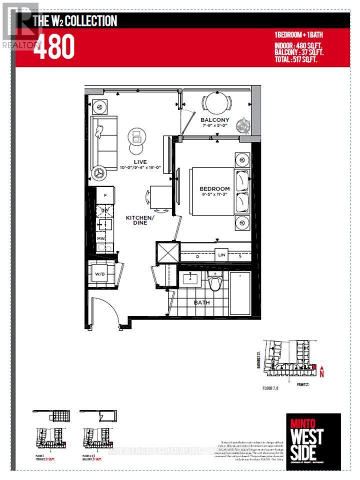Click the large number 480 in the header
click(53, 47)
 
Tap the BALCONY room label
click(214, 120)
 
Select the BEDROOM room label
click(214, 188)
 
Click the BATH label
click(202, 302)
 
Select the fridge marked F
click(105, 195)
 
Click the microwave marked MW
click(101, 239)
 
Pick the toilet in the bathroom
click(214, 283)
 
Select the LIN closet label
click(221, 255)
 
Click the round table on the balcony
click(216, 103)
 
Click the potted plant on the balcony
click(244, 124)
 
